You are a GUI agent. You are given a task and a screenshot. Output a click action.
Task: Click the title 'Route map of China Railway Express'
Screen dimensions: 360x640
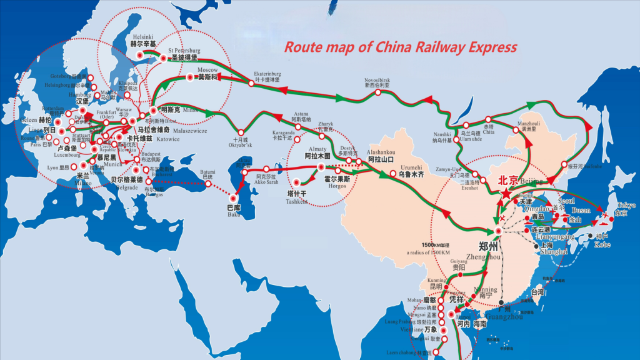tap(401, 47)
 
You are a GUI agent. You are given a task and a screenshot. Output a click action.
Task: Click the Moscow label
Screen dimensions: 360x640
tap(207, 69)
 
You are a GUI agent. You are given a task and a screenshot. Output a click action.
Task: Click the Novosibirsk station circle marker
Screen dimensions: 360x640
tap(378, 92)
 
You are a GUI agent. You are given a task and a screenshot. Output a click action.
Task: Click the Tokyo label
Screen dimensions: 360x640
tap(626, 206)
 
